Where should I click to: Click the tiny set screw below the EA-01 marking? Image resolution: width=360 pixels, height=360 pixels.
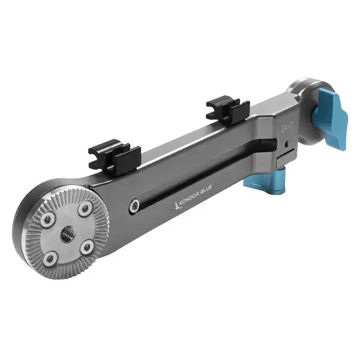click(x=288, y=143)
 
